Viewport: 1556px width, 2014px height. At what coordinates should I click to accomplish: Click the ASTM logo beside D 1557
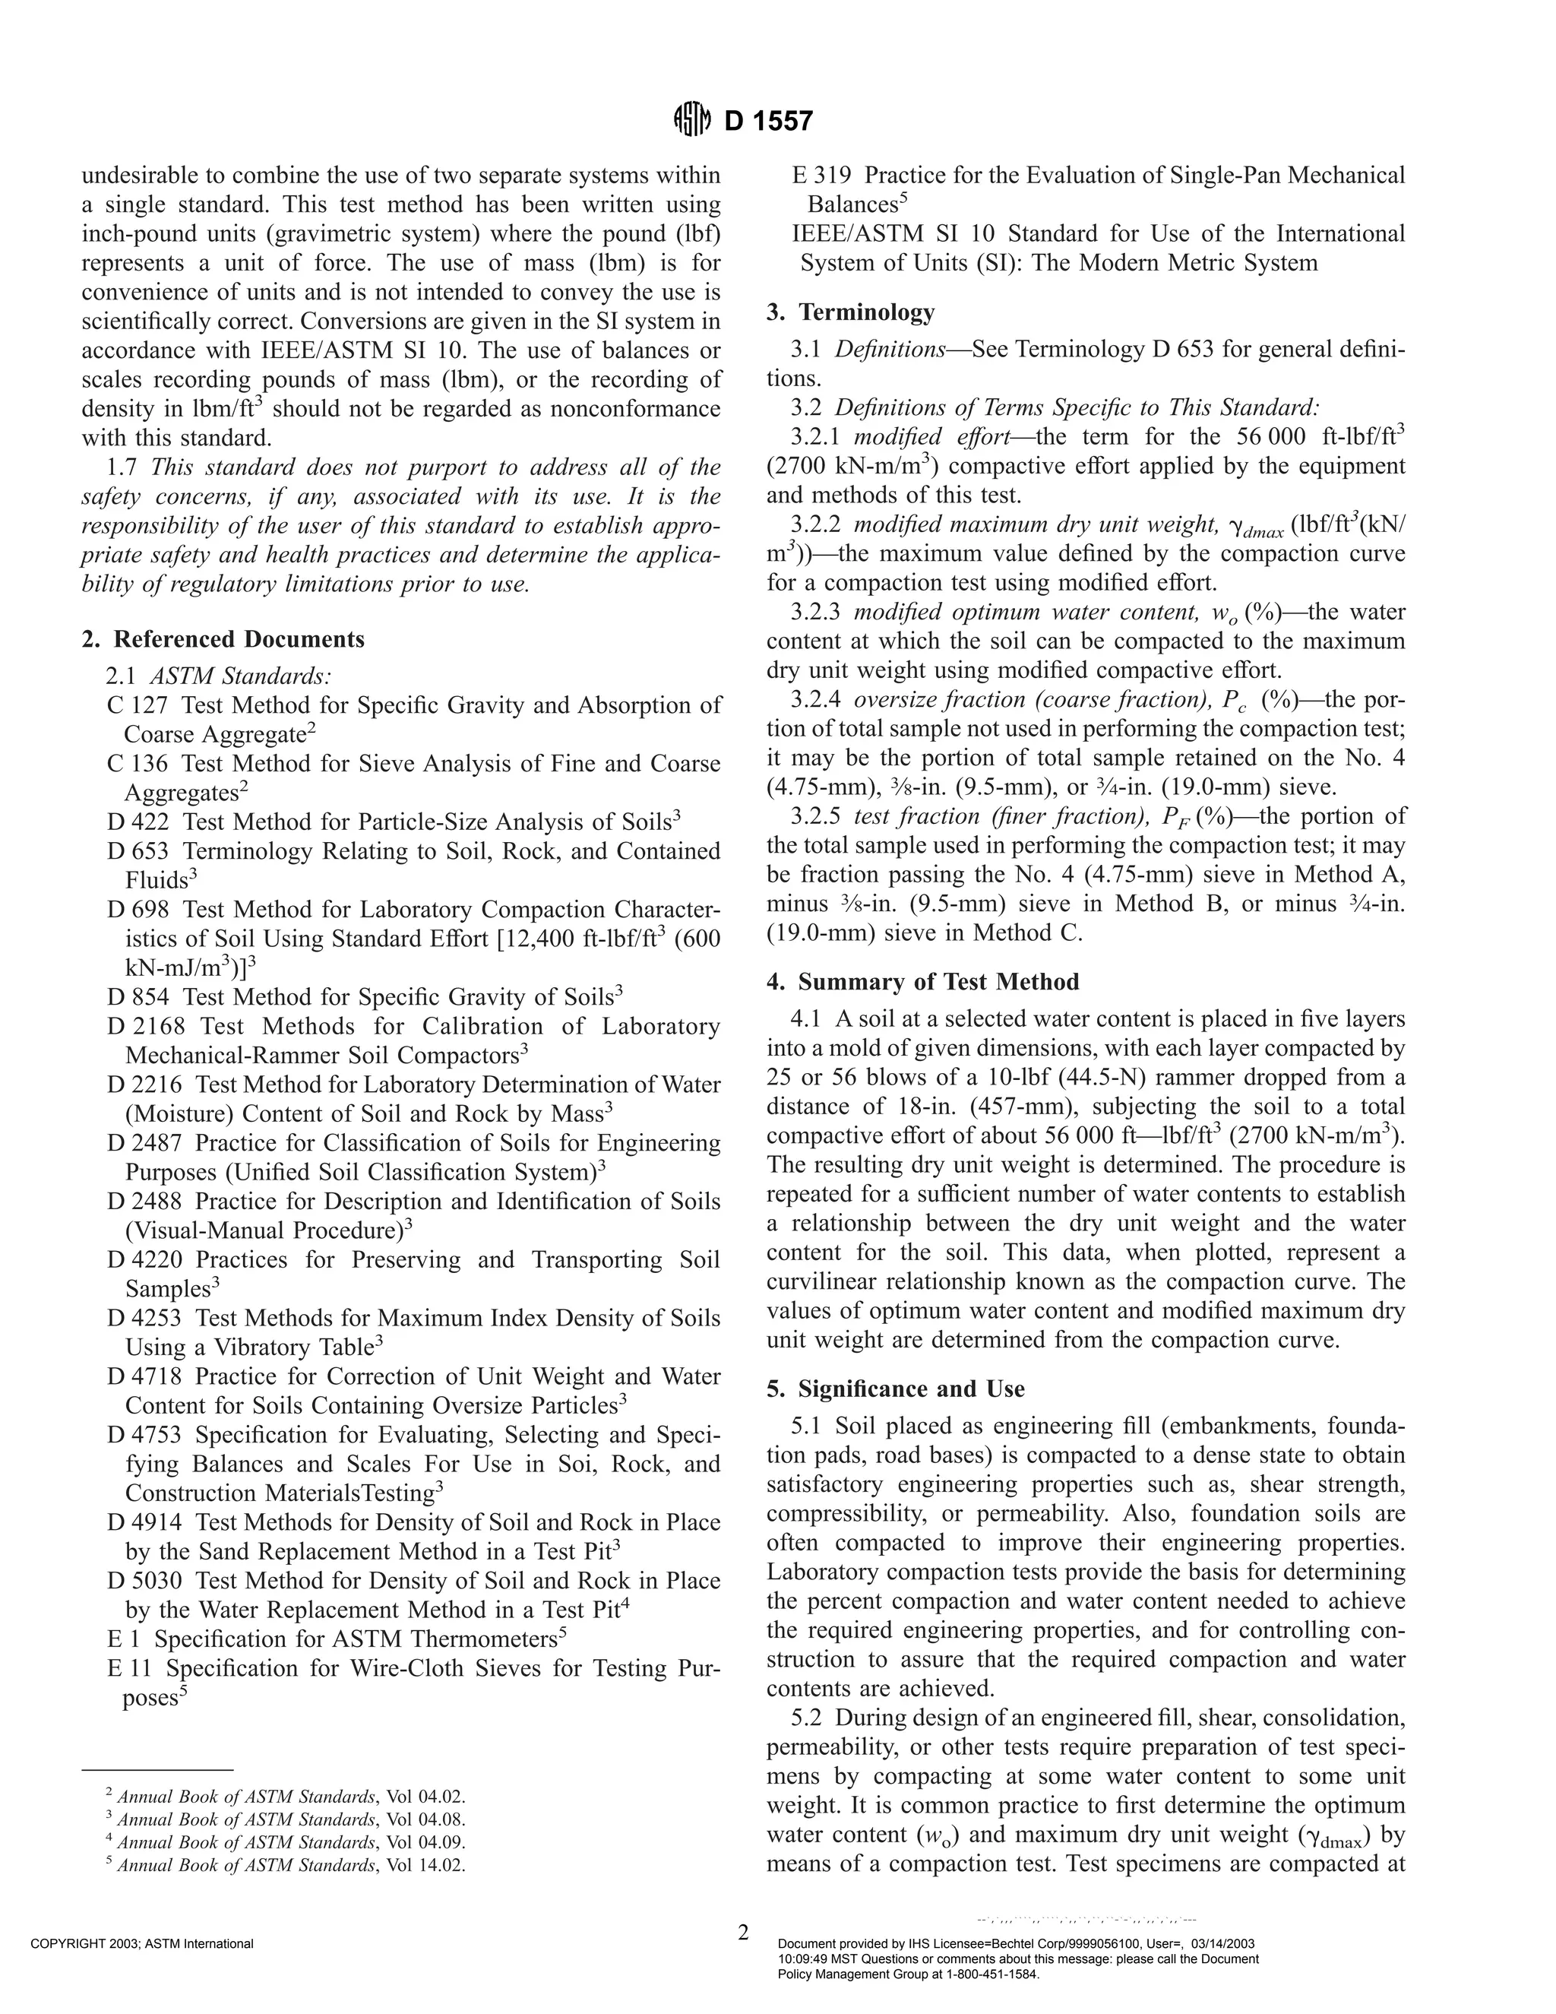[693, 120]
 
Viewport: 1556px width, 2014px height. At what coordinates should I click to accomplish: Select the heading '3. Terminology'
[851, 312]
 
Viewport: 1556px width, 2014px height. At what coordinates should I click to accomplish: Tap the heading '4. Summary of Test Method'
[922, 982]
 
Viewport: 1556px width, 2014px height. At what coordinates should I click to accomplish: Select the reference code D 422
[138, 822]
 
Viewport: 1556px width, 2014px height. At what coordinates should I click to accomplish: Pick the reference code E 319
[822, 176]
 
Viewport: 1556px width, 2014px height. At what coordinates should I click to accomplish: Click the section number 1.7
[122, 467]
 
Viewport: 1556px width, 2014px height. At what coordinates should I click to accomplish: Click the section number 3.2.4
[818, 700]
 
